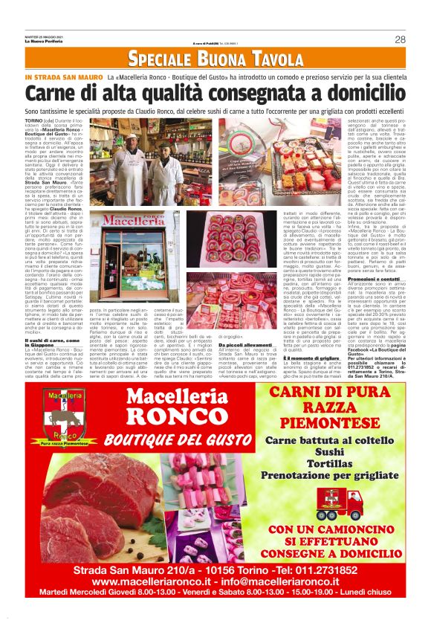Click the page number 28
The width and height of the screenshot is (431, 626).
[x=399, y=39]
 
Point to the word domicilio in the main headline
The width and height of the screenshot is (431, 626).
[x=366, y=94]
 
